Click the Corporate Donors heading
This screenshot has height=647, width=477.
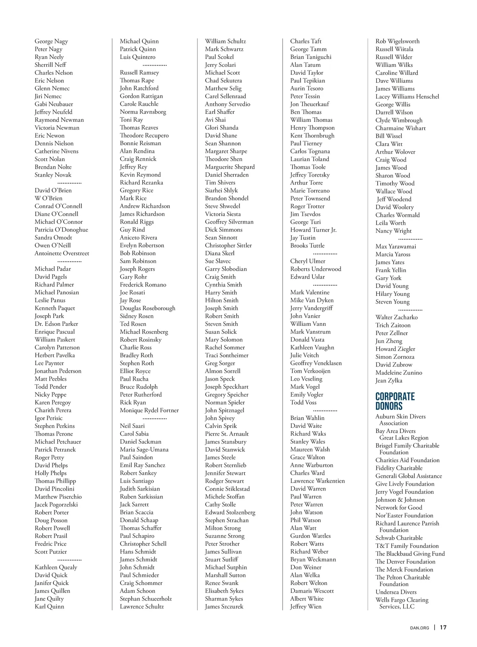[395, 401]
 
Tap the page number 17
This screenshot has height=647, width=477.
[443, 628]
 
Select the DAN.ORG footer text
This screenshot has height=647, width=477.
[419, 628]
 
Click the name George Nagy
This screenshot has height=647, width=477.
[51, 41]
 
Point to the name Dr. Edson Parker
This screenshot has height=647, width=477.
[56, 324]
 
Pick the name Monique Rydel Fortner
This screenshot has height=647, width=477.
[149, 410]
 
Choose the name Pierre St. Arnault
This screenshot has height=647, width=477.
[227, 434]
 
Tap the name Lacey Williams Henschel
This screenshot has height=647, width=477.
[407, 96]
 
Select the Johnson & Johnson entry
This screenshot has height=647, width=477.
[400, 500]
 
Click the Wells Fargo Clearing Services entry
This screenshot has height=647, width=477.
[402, 603]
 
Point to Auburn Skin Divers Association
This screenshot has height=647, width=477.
[400, 420]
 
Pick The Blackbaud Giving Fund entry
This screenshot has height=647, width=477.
[410, 553]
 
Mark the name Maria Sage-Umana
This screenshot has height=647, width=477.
[144, 450]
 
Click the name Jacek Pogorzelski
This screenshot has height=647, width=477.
[56, 505]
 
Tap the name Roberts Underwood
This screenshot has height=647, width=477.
[316, 269]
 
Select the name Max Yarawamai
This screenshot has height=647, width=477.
[396, 246]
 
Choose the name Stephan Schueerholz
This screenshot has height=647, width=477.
[145, 599]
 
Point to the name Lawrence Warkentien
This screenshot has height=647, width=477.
[317, 481]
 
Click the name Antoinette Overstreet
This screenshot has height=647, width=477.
[62, 253]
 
